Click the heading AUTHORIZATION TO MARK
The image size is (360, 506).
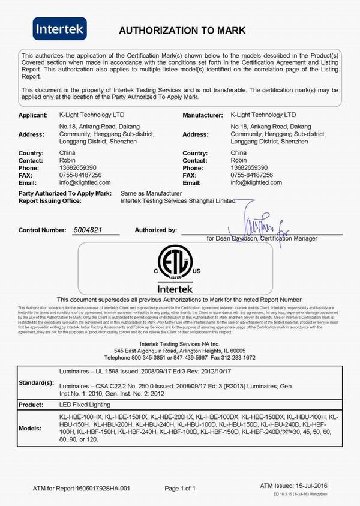(x=182, y=31)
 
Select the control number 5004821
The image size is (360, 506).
(x=88, y=230)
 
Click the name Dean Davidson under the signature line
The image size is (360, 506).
(x=238, y=239)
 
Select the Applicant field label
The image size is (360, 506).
(x=33, y=114)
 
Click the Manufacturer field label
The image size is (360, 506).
(x=204, y=114)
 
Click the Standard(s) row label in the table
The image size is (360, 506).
(x=36, y=382)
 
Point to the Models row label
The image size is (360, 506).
(x=31, y=429)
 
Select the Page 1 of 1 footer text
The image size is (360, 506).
(x=180, y=488)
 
